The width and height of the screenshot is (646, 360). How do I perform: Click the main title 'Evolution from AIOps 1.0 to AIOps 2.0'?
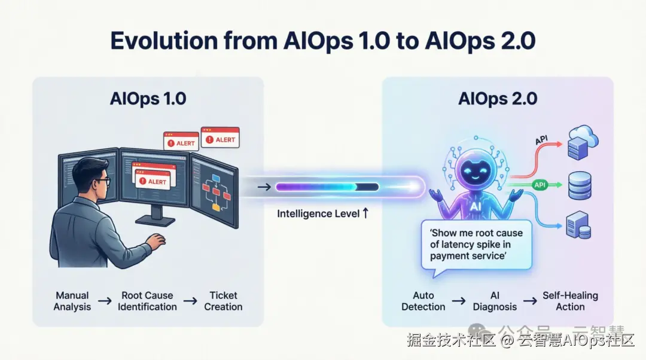coord(323,41)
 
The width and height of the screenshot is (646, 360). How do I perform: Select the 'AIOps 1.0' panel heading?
coord(148,99)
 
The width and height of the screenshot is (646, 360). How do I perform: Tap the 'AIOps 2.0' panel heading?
coord(498,99)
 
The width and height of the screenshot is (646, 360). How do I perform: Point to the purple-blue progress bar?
coord(327,187)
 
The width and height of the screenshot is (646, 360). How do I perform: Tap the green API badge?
coord(540,185)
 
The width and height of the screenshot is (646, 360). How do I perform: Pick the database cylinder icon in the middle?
coord(580,186)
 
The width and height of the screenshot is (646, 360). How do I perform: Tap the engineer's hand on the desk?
coord(156,240)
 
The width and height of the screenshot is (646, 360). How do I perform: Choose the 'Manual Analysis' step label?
coord(72,301)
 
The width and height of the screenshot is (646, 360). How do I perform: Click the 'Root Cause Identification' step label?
coord(147,301)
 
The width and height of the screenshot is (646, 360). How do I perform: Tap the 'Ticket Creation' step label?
coord(223,301)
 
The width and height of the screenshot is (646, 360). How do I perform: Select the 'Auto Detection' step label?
coord(423,301)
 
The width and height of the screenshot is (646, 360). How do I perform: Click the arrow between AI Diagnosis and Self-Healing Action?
coord(530,301)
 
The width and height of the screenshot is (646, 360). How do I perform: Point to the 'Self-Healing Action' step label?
coord(570,301)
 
